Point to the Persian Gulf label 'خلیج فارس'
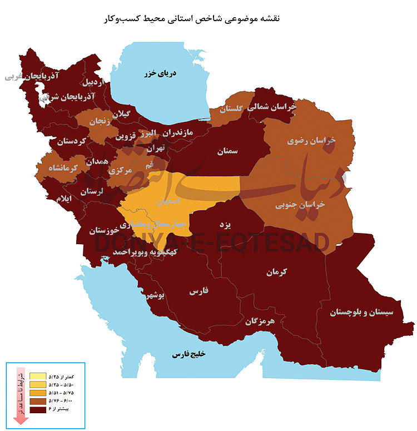pos(188,354)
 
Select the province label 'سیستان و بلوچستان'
pos(361,312)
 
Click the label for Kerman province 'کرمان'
pos(276,273)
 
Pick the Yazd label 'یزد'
pos(225,224)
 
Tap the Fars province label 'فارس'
pos(198,291)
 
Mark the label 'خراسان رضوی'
pos(311,141)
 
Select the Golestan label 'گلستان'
pos(232,110)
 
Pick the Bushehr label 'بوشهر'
pos(154,296)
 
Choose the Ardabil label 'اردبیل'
pos(93,83)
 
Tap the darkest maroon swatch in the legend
pos(38,409)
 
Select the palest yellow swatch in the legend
pos(38,376)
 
